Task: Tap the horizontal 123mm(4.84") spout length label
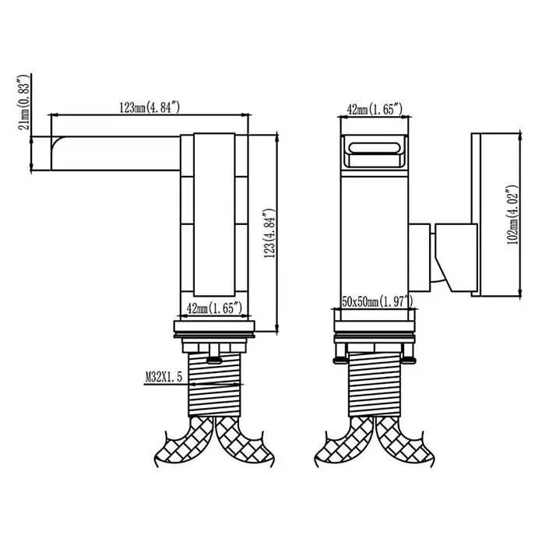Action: coord(150,107)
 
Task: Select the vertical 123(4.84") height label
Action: coord(269,234)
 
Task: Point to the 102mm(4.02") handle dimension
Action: coord(512,215)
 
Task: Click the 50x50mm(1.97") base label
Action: coord(377,302)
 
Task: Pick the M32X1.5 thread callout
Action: coord(164,377)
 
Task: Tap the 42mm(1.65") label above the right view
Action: coord(375,109)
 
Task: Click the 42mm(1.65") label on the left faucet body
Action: coord(214,308)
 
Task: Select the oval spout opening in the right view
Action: coord(375,148)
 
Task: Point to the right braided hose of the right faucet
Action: coord(404,442)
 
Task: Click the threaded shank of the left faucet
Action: coord(214,385)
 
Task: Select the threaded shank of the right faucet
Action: coord(375,385)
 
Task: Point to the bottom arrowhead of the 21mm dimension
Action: coord(31,167)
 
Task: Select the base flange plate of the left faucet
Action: coord(214,326)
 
